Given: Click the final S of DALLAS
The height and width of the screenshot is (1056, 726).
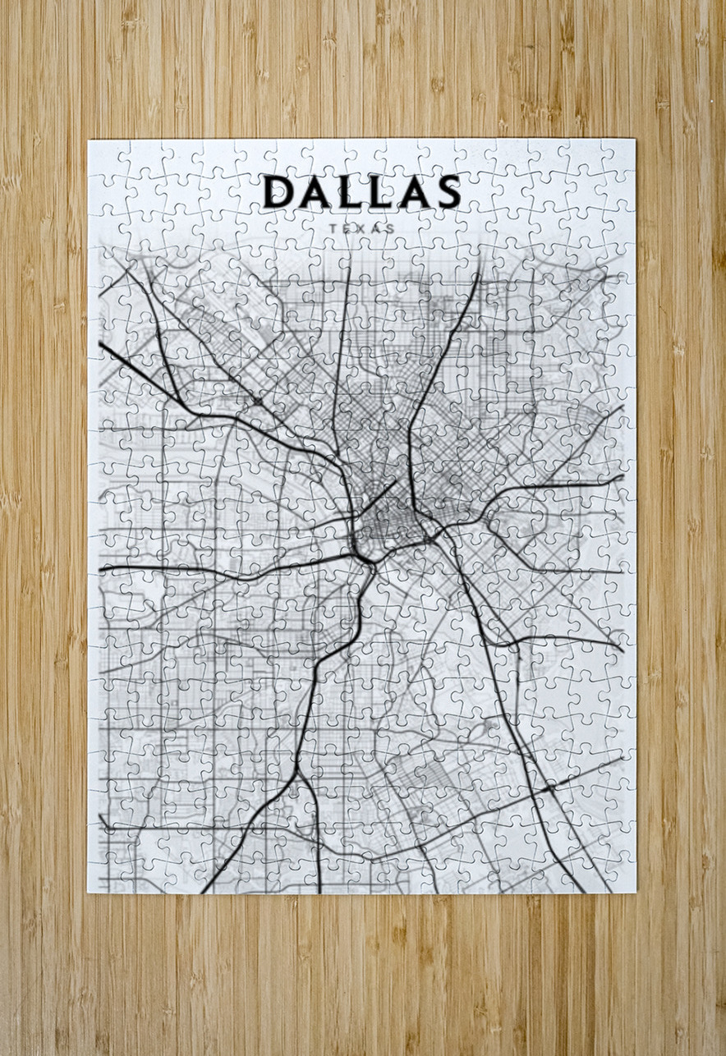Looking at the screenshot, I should pos(447,191).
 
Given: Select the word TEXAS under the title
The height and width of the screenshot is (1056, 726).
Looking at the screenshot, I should pos(361,227).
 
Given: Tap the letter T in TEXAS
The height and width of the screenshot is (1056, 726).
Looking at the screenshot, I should pos(332,227).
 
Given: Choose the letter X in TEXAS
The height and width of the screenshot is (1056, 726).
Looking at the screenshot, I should pos(361,227).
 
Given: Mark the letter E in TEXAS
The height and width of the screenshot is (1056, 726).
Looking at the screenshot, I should pos(347,227).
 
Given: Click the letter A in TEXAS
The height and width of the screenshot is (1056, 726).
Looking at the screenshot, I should pos(376,227).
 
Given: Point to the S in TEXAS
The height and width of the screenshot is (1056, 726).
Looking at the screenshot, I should pos(391,227).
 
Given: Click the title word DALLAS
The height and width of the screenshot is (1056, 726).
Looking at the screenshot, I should pos(361,191).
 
